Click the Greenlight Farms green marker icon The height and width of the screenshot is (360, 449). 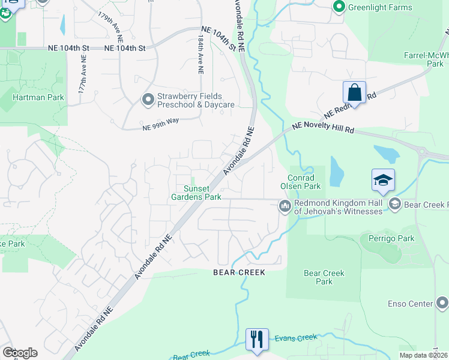click(338, 7)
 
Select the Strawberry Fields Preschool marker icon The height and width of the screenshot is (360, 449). click(147, 100)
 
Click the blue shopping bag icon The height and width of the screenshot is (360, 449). click(355, 93)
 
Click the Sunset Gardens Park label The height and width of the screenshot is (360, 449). click(196, 192)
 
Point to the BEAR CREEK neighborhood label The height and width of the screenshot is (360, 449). click(240, 272)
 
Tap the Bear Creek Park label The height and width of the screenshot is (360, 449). click(324, 277)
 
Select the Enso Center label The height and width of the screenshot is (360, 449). click(412, 304)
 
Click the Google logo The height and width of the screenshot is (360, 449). click(20, 353)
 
